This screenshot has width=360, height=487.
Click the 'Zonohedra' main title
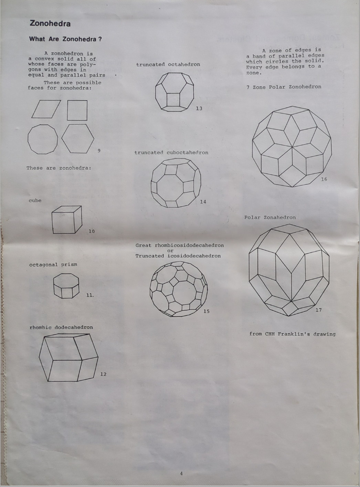click(50, 23)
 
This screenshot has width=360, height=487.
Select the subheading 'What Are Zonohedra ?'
click(65, 39)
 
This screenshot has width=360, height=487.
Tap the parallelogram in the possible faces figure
click(46, 109)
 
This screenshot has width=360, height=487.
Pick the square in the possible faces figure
click(77, 110)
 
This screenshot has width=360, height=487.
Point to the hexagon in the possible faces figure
click(78, 138)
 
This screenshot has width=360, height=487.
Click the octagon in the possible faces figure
click(43, 139)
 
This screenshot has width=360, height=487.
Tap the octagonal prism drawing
click(66, 286)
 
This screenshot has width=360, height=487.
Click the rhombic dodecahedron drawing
click(68, 359)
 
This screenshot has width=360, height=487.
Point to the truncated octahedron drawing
click(174, 92)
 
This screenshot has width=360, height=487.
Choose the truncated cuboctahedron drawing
click(176, 183)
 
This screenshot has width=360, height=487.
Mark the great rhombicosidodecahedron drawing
click(179, 289)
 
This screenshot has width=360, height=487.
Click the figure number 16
click(324, 179)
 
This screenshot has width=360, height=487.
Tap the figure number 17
click(319, 310)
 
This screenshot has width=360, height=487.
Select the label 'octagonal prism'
click(53, 265)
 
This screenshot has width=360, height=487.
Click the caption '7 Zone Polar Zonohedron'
click(284, 87)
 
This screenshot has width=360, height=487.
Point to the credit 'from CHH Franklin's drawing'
click(292, 334)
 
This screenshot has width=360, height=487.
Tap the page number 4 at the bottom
click(181, 473)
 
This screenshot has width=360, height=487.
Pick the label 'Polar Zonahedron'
click(270, 218)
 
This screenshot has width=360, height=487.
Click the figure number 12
click(103, 374)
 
